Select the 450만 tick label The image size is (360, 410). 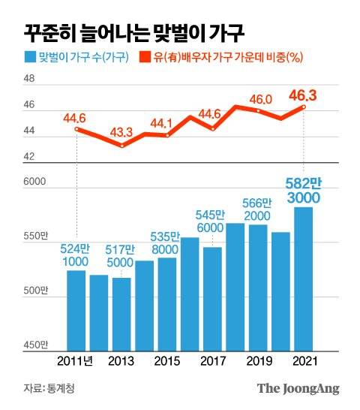coord(36,345)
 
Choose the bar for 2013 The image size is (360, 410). coord(122,315)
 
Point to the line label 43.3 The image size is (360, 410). coord(121,132)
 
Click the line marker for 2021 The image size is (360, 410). coord(304,107)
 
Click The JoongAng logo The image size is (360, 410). coord(298,389)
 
